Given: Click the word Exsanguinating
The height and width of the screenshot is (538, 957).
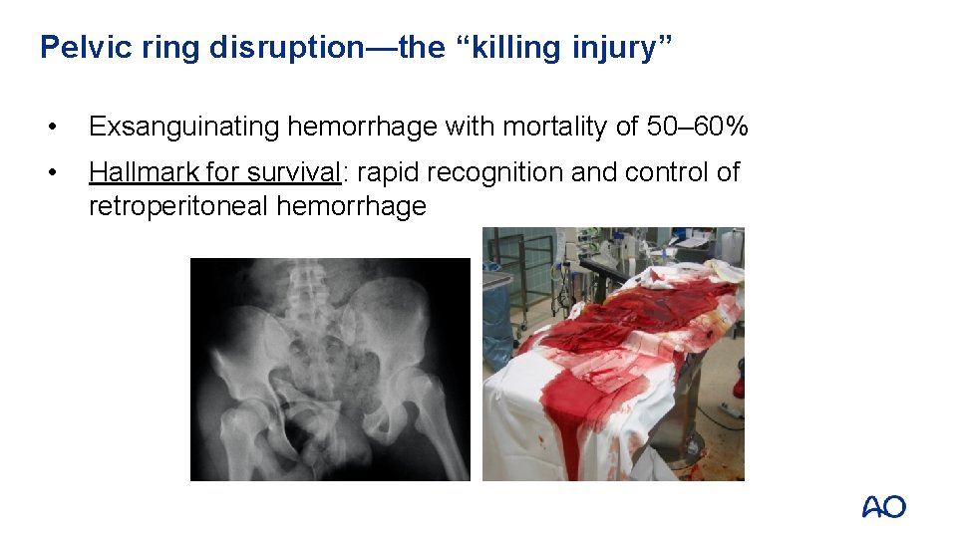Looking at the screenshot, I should [182, 128].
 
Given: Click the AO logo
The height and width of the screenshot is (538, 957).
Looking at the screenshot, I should [883, 507].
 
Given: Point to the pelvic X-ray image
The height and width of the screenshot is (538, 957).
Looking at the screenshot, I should [329, 370].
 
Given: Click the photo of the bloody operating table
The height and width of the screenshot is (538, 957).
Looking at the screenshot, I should [613, 354].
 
